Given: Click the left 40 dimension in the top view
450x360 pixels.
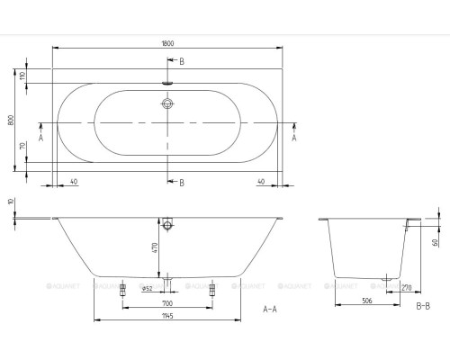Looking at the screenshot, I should point(73,182).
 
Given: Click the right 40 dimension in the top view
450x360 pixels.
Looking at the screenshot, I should point(261,182).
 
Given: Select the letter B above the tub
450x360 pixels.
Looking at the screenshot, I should point(182,60).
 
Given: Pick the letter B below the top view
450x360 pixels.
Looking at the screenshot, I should point(182,183).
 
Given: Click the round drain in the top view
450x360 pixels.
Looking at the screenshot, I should point(167,103).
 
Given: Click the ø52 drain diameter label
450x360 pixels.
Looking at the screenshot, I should point(147,287).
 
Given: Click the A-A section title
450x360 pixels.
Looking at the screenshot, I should point(269,309).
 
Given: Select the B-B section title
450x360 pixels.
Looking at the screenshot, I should point(423,308).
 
